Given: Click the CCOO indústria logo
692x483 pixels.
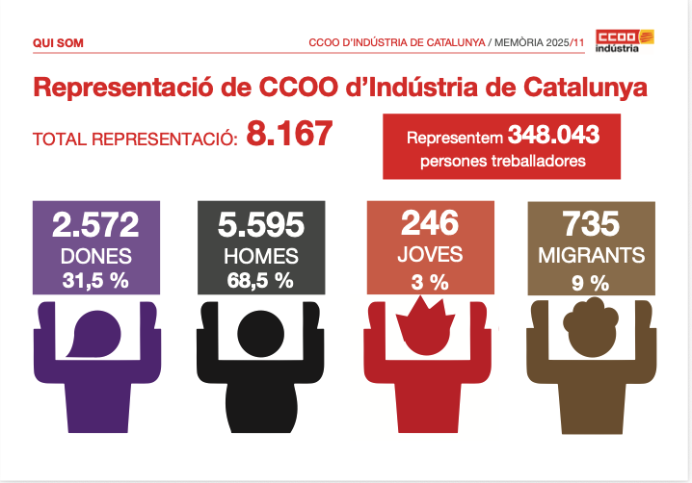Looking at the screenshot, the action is (x=625, y=41).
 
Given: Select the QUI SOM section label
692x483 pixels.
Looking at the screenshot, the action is (x=58, y=43).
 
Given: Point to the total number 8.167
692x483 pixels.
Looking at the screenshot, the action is (x=289, y=133).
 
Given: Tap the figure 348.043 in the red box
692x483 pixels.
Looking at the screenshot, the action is (x=553, y=135).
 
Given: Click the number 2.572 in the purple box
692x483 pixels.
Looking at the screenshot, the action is (x=95, y=225).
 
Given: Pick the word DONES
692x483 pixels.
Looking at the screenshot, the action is (x=96, y=256).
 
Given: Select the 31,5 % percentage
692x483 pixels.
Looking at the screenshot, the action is (x=95, y=280).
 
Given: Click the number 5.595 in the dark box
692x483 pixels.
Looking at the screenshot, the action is (x=261, y=225).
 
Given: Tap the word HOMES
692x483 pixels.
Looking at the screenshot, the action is (x=261, y=256).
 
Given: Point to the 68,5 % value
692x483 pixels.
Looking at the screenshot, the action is (x=260, y=280).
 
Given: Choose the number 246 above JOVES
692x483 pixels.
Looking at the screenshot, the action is (x=430, y=223).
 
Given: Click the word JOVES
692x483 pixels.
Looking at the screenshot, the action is (x=430, y=254).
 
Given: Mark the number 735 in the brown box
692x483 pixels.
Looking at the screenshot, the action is (x=592, y=224).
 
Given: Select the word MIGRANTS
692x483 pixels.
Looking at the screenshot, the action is (x=592, y=255).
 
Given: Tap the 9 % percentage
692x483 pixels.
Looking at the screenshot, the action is (x=591, y=283).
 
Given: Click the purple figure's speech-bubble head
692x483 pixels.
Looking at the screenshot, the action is (x=93, y=334).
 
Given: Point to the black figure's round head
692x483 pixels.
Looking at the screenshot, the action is (x=261, y=334).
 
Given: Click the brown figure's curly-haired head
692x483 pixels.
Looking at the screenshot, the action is (x=591, y=327).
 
